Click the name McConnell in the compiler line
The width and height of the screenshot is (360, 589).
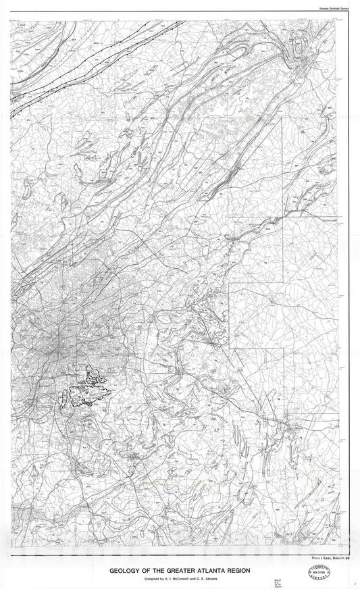pos(166,579)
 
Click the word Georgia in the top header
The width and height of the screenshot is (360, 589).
pos(324,7)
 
